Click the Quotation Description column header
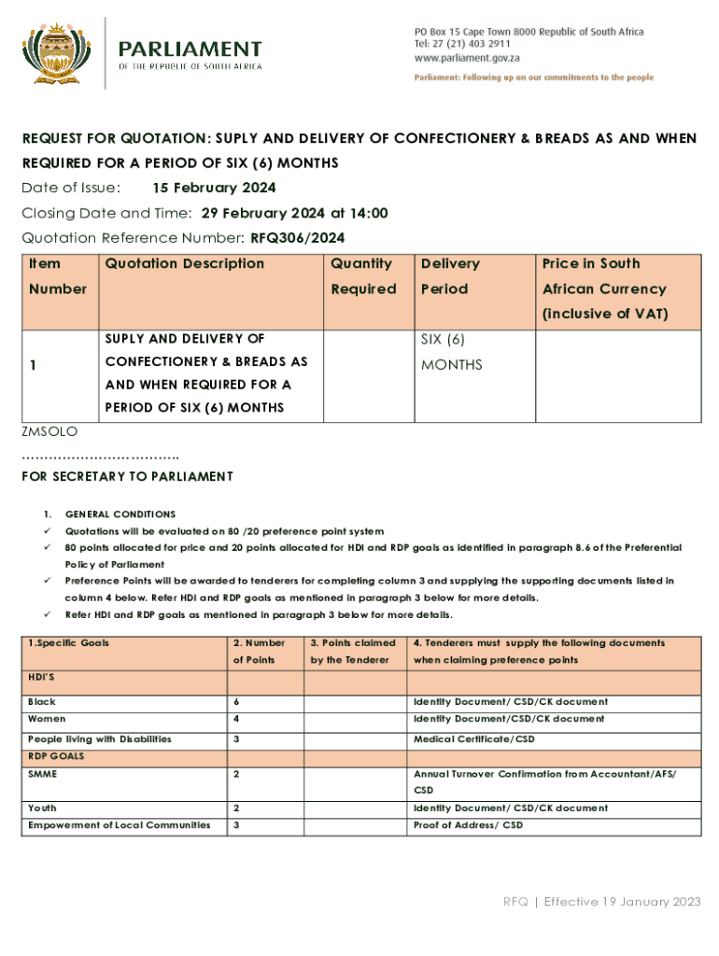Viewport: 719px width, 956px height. click(x=185, y=264)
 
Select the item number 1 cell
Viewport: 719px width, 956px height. click(x=34, y=366)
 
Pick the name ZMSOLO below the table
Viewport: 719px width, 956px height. click(x=49, y=432)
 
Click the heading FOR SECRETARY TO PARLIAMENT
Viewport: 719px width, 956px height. click(x=127, y=477)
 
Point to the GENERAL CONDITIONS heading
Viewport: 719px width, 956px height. click(x=120, y=514)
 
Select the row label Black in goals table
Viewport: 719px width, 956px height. click(x=42, y=701)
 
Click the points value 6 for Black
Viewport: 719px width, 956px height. click(x=236, y=701)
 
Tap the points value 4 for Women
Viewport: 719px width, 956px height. click(x=236, y=719)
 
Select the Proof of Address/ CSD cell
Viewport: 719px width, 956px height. click(x=468, y=825)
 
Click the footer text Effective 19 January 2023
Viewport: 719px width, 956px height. click(x=622, y=902)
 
